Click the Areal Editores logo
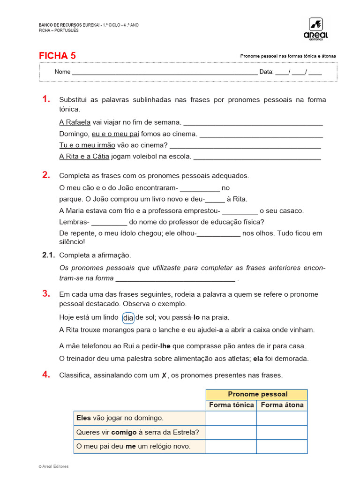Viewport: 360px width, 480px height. tap(318, 29)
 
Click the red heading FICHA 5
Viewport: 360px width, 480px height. tap(57, 56)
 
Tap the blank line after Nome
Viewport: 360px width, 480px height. tap(164, 72)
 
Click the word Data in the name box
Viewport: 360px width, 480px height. tap(266, 72)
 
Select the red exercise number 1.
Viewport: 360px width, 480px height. tap(45, 99)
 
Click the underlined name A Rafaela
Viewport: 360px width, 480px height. tap(75, 122)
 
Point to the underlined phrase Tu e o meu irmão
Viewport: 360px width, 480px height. tap(87, 145)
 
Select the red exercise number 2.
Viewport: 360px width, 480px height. tap(45, 175)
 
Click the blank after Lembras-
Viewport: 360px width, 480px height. tap(109, 222)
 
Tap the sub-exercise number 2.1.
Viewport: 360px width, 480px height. tap(48, 255)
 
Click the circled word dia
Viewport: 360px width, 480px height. tap(128, 318)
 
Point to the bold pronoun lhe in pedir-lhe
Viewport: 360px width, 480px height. tap(165, 346)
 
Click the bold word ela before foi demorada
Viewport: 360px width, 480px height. tap(258, 359)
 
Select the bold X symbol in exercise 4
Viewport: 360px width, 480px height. tap(164, 375)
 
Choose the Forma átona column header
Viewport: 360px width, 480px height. tap(282, 405)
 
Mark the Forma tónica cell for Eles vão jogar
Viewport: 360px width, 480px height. tap(231, 418)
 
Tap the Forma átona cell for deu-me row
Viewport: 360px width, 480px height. tap(282, 446)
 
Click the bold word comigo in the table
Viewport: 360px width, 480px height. tap(124, 432)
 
